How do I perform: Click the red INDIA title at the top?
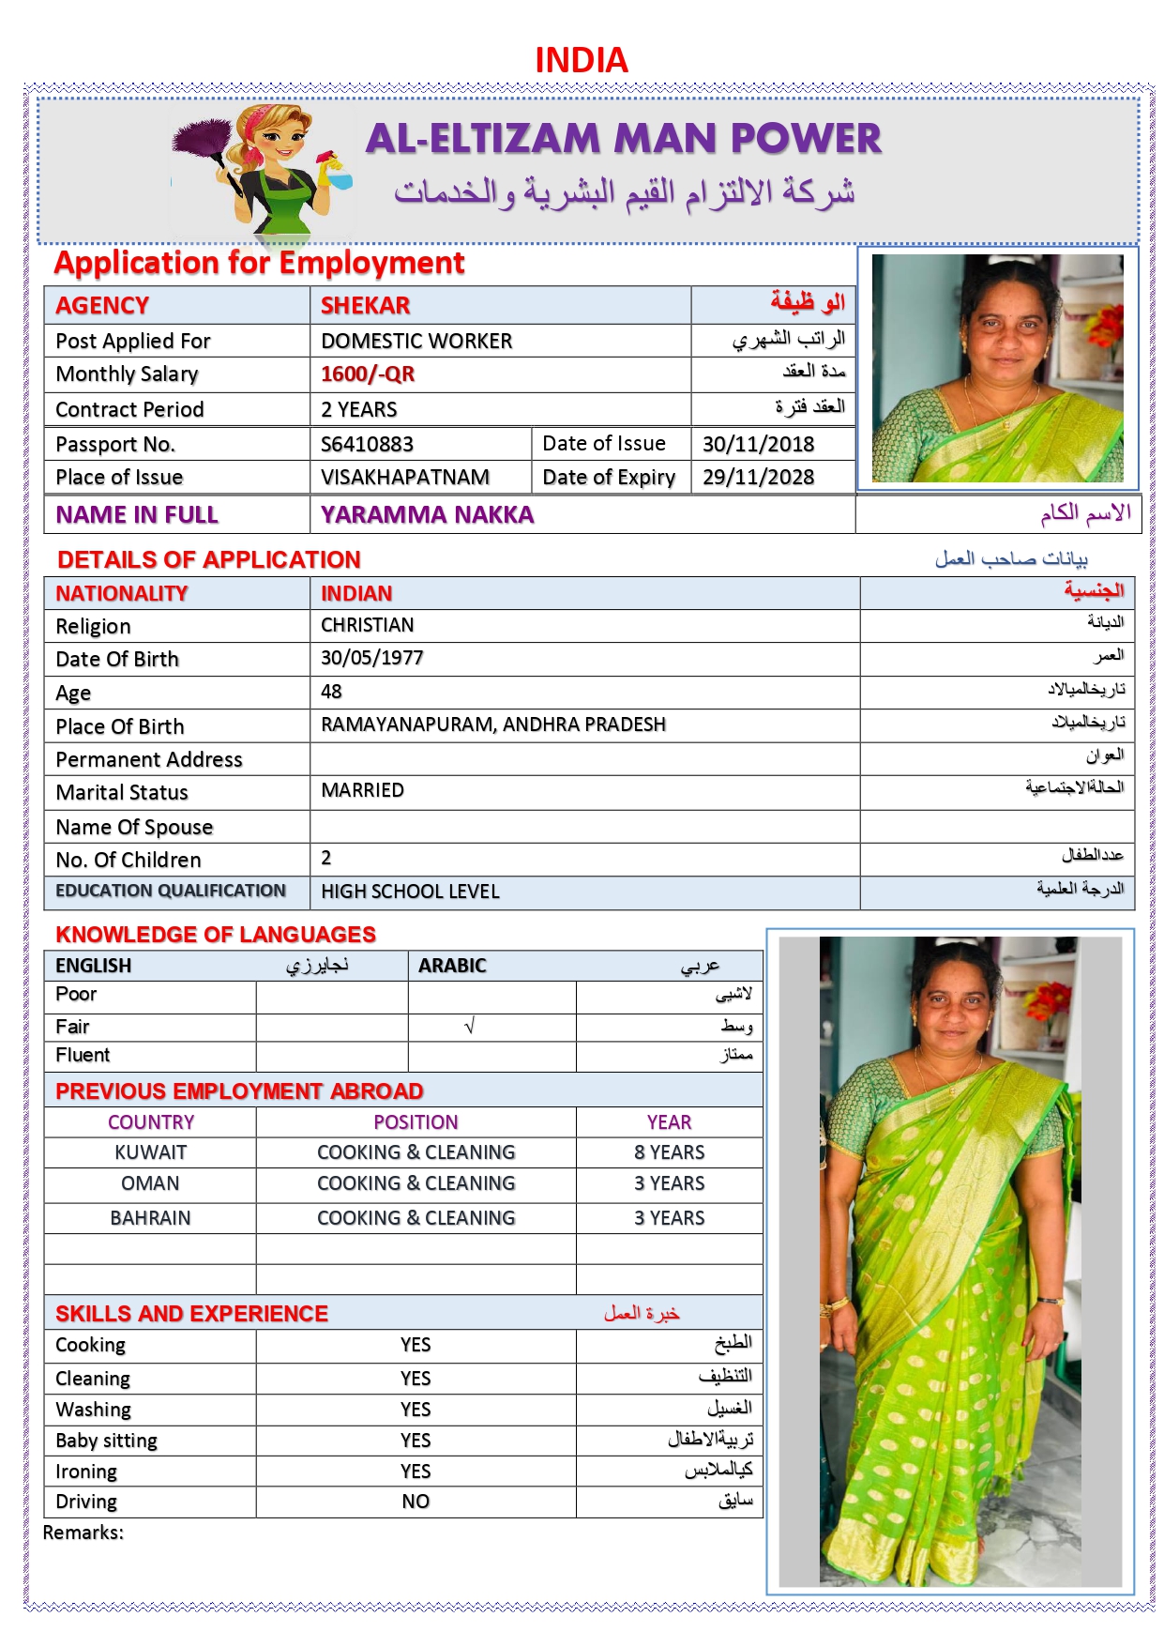click(x=581, y=60)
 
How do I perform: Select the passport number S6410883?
click(x=367, y=444)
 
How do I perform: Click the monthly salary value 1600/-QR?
click(x=367, y=374)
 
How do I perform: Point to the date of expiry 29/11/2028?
click(x=758, y=477)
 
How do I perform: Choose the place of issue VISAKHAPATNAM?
click(x=404, y=477)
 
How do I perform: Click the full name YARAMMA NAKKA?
click(x=427, y=514)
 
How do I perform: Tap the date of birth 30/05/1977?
click(x=371, y=658)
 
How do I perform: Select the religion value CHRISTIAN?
click(x=367, y=625)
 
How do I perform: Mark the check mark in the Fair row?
click(x=470, y=1027)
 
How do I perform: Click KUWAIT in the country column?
click(x=150, y=1152)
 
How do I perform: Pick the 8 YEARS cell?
click(x=669, y=1152)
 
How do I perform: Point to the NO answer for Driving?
click(x=416, y=1502)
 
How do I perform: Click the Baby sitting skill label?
click(x=106, y=1441)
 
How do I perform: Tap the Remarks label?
click(x=83, y=1533)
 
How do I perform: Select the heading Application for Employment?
click(x=259, y=263)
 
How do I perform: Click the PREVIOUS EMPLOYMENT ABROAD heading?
click(x=239, y=1091)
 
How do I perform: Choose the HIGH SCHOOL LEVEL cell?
click(x=410, y=892)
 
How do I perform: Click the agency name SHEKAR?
click(x=365, y=306)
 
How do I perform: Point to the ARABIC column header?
click(x=452, y=966)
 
